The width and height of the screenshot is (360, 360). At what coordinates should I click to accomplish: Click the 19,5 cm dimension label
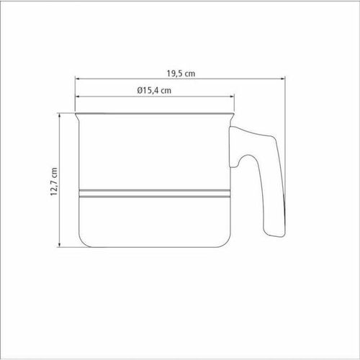[x=181, y=73]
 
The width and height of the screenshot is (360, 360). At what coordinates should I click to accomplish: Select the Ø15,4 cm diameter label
[x=154, y=91]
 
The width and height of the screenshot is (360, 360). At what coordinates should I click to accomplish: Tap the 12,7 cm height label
[x=54, y=181]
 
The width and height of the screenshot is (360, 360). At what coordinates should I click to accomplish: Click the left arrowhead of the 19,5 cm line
[x=77, y=78]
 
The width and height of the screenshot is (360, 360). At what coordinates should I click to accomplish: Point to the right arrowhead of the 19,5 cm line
[x=283, y=78]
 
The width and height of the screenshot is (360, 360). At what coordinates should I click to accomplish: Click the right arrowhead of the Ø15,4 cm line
[x=232, y=96]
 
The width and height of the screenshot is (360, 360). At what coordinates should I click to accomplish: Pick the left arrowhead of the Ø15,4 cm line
[x=77, y=96]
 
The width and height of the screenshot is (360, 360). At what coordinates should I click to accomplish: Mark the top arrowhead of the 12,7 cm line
[x=60, y=116]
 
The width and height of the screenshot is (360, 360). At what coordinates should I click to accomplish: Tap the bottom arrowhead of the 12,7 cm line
[x=60, y=245]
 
